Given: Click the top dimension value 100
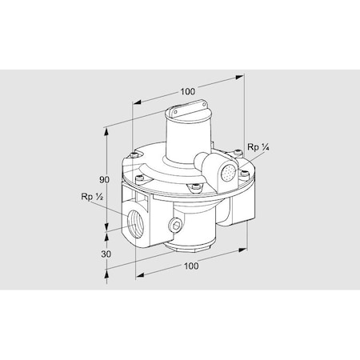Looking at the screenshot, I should click(188, 91).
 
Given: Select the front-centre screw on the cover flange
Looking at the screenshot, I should click(193, 189).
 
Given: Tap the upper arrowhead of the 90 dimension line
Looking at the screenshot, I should click(107, 127).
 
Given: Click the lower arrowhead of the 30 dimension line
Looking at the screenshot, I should click(107, 272).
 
